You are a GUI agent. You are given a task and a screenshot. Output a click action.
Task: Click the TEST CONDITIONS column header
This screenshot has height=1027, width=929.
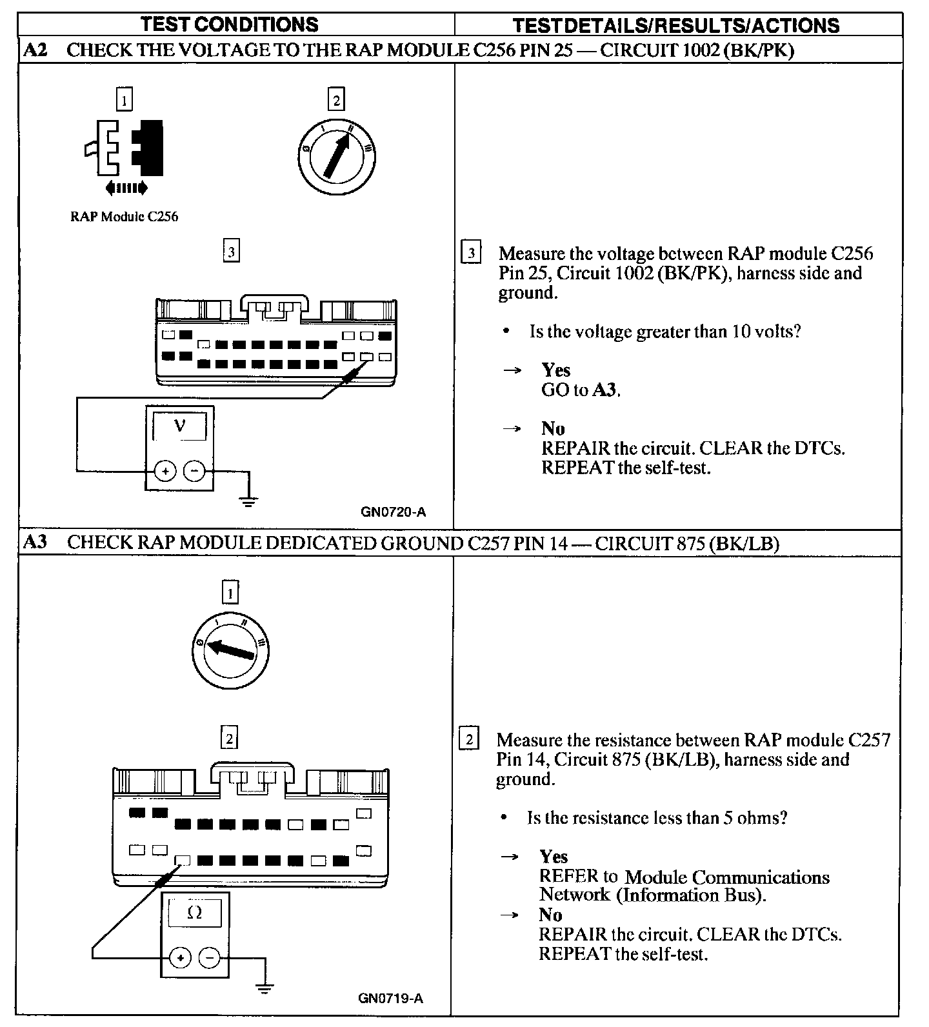pyautogui.click(x=230, y=25)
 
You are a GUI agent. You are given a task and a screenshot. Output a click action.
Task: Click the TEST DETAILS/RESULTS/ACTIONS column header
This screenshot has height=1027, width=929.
pyautogui.click(x=675, y=25)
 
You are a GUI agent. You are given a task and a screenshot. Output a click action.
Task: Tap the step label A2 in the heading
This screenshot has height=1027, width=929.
pyautogui.click(x=35, y=50)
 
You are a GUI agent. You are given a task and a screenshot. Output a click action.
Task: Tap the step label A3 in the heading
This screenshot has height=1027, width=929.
pyautogui.click(x=35, y=543)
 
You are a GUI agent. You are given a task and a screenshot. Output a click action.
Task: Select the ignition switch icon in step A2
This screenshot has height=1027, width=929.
pyautogui.click(x=337, y=155)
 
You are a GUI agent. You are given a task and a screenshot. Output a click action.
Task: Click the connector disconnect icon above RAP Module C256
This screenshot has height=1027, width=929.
pyautogui.click(x=126, y=154)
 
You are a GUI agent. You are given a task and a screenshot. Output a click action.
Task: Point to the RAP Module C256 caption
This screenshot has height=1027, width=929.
pyautogui.click(x=124, y=217)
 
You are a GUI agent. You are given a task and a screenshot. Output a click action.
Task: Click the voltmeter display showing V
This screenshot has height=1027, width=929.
pyautogui.click(x=180, y=426)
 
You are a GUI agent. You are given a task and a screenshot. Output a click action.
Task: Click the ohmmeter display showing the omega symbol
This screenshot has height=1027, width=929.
pyautogui.click(x=194, y=913)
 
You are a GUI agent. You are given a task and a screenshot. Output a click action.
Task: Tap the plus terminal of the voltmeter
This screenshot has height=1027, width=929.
pyautogui.click(x=166, y=472)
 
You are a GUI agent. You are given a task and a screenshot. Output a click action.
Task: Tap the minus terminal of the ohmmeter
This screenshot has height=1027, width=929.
pyautogui.click(x=208, y=958)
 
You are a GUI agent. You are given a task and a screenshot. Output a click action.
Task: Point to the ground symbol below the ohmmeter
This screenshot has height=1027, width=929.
pyautogui.click(x=264, y=987)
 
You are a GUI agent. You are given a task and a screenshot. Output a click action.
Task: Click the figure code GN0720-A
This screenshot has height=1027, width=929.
pyautogui.click(x=394, y=513)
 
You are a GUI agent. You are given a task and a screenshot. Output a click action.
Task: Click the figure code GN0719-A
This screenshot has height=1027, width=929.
pyautogui.click(x=391, y=999)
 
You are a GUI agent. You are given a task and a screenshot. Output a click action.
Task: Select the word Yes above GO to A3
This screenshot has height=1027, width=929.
pyautogui.click(x=556, y=370)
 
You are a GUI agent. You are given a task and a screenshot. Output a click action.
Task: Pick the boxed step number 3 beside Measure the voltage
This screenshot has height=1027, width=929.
pyautogui.click(x=472, y=253)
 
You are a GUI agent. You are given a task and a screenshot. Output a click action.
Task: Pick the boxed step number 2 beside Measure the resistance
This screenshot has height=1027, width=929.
pyautogui.click(x=469, y=739)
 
